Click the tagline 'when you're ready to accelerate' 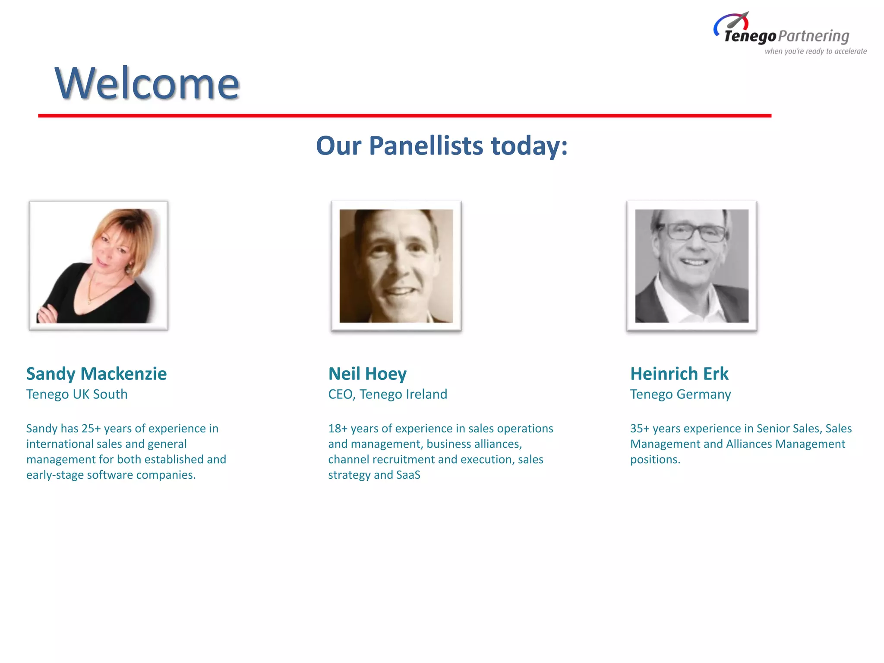[x=815, y=51]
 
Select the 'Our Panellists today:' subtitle [x=442, y=145]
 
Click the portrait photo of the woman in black [x=98, y=265]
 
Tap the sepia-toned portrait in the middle [x=396, y=265]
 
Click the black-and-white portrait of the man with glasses [x=691, y=265]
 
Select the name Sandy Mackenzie [x=96, y=374]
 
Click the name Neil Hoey [x=367, y=374]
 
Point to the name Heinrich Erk [x=679, y=374]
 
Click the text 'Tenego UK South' [x=77, y=394]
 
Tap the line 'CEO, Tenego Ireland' [x=387, y=394]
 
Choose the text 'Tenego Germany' [x=680, y=394]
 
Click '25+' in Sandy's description [x=91, y=428]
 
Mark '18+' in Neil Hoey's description [x=338, y=428]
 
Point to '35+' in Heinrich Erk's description [x=640, y=428]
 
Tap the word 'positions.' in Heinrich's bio [x=655, y=459]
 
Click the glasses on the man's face [x=696, y=232]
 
